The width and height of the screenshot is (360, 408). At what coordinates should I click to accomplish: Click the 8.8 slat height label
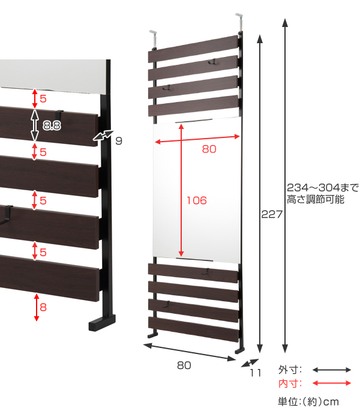[x=52, y=125]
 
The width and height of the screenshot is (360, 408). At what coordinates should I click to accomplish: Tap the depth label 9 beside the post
[x=119, y=141]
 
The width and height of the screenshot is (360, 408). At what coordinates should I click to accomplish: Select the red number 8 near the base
[x=43, y=307]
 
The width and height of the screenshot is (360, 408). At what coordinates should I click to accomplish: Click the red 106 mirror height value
[x=197, y=200]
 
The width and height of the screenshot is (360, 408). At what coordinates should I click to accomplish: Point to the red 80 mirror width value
[x=209, y=149]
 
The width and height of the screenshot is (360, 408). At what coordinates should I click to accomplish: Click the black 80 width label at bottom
[x=184, y=365]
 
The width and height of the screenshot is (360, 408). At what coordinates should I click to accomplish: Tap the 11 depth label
[x=256, y=373]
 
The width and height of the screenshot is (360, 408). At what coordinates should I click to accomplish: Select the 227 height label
[x=272, y=214]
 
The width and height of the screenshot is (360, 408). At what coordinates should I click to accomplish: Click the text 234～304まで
[x=323, y=187]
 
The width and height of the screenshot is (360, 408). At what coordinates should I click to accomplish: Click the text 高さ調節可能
[x=316, y=199]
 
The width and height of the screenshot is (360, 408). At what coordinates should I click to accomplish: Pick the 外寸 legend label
[x=290, y=370]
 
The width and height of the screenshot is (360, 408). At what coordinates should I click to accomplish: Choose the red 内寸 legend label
[x=290, y=383]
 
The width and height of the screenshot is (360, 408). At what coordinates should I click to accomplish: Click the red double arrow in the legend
[x=332, y=383]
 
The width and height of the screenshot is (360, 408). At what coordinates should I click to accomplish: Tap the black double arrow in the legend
[x=332, y=370]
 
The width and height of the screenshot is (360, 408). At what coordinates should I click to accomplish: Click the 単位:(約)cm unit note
[x=308, y=401]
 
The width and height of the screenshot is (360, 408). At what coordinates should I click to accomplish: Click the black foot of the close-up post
[x=102, y=323]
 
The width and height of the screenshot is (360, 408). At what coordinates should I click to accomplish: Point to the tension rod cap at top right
[x=239, y=16]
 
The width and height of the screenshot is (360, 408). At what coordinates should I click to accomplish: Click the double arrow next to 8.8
[x=35, y=125]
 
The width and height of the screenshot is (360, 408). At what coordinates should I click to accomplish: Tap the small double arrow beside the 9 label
[x=103, y=136]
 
